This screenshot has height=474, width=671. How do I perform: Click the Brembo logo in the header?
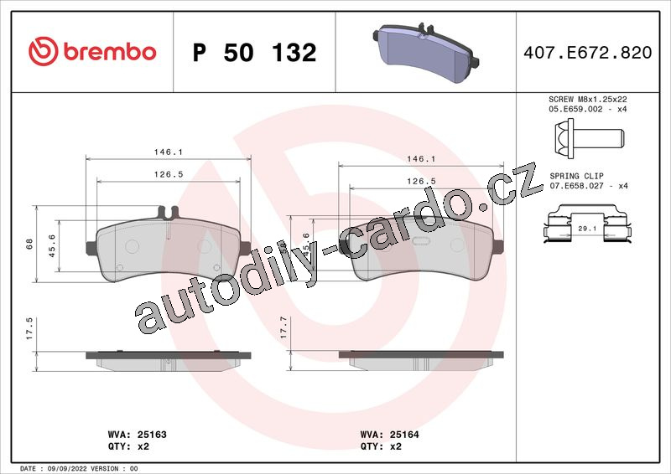pyautogui.click(x=92, y=51)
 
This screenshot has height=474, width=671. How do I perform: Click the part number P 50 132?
pyautogui.click(x=255, y=53)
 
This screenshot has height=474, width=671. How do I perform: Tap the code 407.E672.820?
pyautogui.click(x=588, y=52)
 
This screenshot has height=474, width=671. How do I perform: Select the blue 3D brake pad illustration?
pyautogui.click(x=426, y=53)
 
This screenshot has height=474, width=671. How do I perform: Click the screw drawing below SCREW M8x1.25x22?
pyautogui.click(x=589, y=138)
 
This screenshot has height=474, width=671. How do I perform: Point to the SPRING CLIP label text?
pyautogui.click(x=576, y=176)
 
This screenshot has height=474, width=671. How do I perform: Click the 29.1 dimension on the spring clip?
pyautogui.click(x=587, y=229)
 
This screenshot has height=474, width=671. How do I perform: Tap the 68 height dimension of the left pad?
pyautogui.click(x=29, y=244)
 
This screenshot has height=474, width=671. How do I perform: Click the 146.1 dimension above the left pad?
pyautogui.click(x=169, y=152)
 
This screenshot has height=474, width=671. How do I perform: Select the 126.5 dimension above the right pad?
pyautogui.click(x=421, y=181)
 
